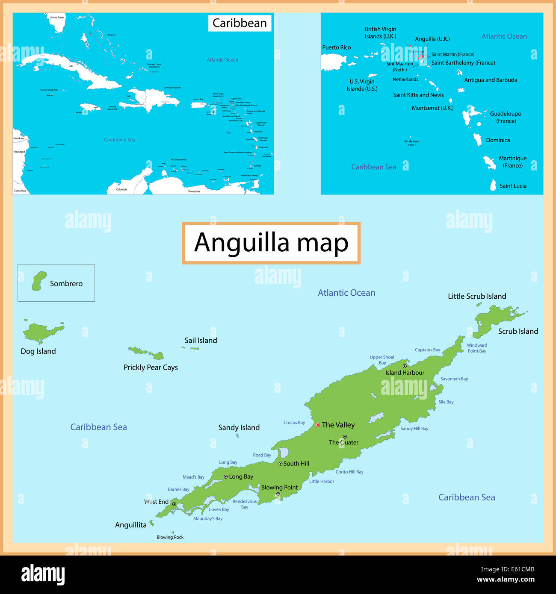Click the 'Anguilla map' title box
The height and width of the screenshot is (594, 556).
[271, 243]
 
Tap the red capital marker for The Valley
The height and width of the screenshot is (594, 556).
[318, 425]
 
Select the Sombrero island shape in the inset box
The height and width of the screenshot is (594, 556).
[39, 281]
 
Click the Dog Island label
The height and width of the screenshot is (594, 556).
[38, 351]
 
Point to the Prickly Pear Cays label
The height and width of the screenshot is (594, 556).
[151, 368]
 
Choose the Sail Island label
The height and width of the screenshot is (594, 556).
[201, 341]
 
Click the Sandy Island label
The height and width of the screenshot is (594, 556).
[239, 428]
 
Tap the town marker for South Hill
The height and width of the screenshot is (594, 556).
[281, 464]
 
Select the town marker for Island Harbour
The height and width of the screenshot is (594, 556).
[405, 366]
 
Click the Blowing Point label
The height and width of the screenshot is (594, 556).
[279, 488]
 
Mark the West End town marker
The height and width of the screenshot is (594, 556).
[174, 504]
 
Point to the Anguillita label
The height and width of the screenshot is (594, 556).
[130, 525]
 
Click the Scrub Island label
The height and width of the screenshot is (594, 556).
[518, 332]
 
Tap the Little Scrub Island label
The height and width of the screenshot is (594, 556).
[477, 297]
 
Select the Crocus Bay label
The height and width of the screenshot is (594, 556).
[294, 423]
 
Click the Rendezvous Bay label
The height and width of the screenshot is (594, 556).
[245, 504]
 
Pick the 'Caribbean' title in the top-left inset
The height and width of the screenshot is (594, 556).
[240, 23]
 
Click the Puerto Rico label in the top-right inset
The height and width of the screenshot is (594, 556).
[336, 47]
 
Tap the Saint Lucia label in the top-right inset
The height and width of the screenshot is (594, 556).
[513, 186]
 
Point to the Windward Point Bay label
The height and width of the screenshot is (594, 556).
[477, 348]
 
